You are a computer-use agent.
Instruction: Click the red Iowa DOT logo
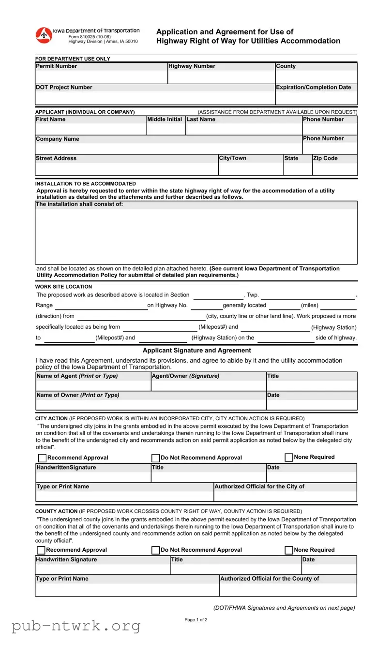(44, 35)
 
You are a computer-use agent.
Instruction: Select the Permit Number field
(101, 77)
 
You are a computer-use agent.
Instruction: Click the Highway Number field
(221, 77)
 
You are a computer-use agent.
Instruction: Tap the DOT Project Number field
(155, 98)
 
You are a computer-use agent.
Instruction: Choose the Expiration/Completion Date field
(316, 98)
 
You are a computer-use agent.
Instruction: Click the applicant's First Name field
(90, 129)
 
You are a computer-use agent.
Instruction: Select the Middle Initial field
(166, 129)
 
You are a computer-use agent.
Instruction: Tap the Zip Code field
(334, 169)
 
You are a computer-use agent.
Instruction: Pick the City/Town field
(250, 169)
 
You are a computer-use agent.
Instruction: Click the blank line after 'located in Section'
(218, 295)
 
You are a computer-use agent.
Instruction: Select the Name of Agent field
(93, 385)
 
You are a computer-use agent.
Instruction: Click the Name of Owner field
(151, 405)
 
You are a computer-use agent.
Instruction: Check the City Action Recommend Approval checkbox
(43, 458)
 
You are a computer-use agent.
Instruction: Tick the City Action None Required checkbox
(289, 457)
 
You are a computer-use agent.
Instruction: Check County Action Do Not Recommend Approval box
(156, 550)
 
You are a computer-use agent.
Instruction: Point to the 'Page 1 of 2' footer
(196, 620)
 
